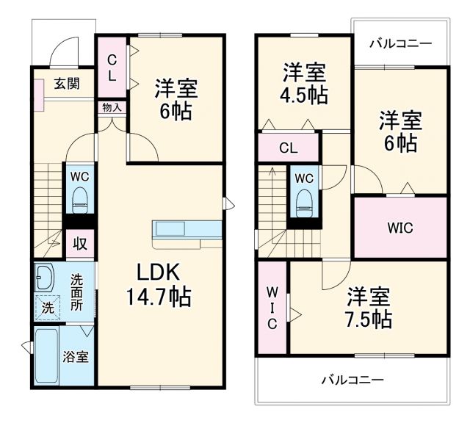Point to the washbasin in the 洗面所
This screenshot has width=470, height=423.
(x=44, y=278)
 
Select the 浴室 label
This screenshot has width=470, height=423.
(x=76, y=357)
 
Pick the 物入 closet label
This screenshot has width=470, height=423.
(x=112, y=107)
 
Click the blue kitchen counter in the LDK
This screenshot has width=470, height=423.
(x=187, y=228)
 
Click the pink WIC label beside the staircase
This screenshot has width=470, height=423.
(x=400, y=228)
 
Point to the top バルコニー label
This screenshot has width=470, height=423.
(x=400, y=44)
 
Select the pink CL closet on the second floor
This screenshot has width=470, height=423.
(x=289, y=148)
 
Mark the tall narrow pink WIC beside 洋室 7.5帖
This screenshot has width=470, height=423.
(x=271, y=308)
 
